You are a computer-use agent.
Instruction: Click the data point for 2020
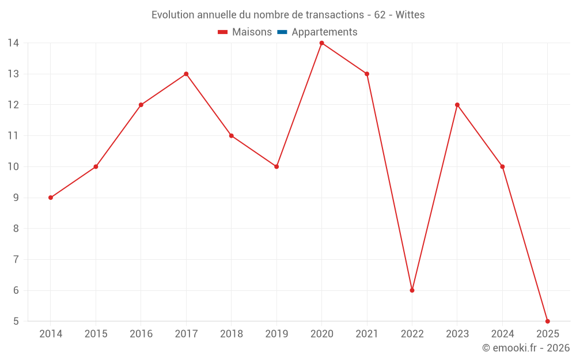coord(321,43)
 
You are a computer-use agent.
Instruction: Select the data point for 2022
coord(412,290)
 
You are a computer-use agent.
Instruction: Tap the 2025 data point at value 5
coord(547,321)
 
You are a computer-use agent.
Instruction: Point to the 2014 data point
coord(51,198)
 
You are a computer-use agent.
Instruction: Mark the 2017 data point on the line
coord(186,74)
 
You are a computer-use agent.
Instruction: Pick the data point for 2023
coord(457,105)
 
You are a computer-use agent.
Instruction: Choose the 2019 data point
coord(276,166)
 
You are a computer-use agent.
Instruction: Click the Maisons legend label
coord(252,32)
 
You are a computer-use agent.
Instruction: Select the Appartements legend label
coord(324,32)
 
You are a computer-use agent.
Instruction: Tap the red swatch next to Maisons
coord(223,32)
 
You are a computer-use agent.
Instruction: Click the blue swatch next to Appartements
coord(282,32)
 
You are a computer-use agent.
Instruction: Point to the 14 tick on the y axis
coord(13,43)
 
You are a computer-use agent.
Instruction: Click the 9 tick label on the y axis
coord(16,198)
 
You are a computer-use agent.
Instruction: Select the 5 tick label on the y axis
coord(16,321)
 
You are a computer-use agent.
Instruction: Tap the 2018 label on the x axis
coord(231,334)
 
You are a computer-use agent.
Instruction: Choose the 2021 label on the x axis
coord(367,334)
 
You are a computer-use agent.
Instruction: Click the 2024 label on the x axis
coord(502,334)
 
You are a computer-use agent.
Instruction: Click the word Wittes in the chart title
coord(410,15)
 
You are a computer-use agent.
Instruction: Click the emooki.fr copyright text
coord(526,348)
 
